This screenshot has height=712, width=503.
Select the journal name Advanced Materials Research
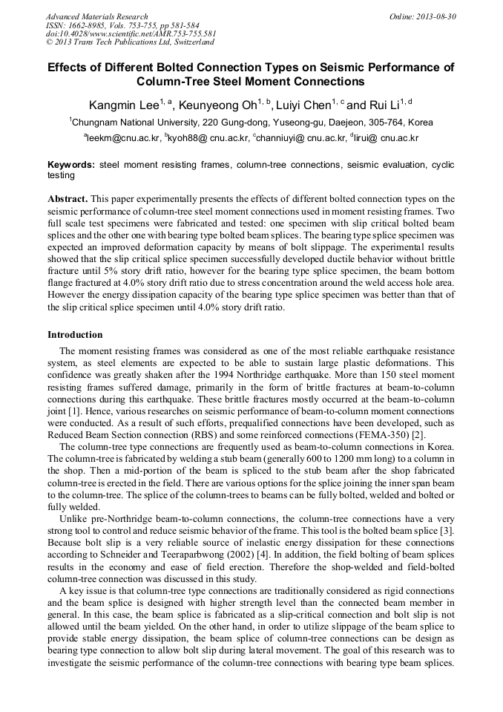[96, 16]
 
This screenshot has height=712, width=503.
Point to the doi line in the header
[131, 33]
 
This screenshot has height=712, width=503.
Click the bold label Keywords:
[71, 165]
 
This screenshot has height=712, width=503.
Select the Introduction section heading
[75, 335]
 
